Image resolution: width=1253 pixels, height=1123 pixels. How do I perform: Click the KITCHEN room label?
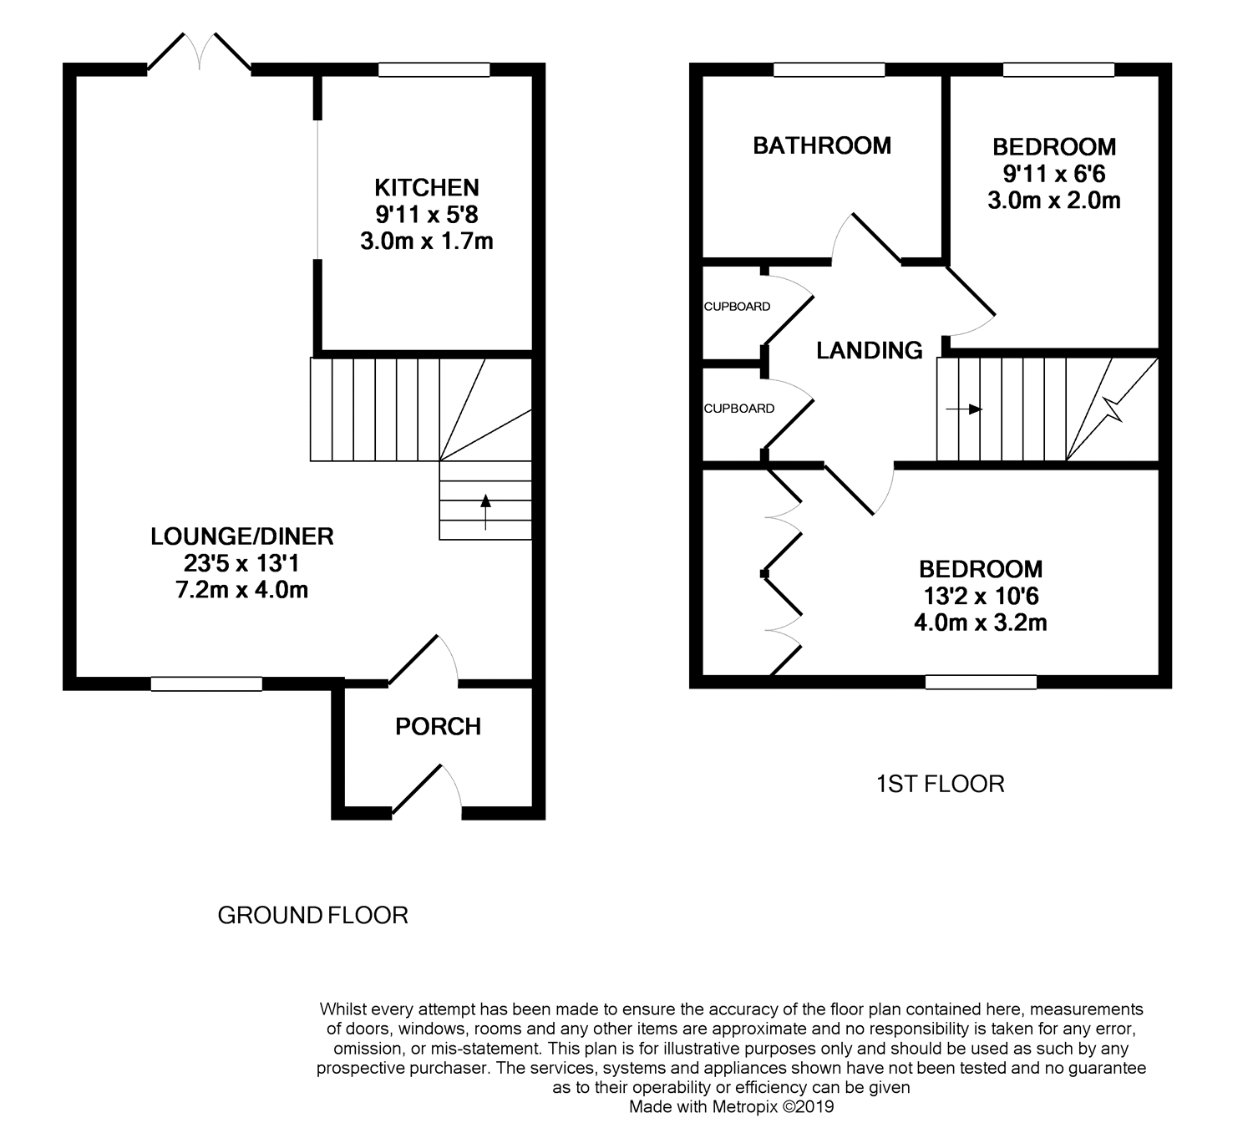click(426, 187)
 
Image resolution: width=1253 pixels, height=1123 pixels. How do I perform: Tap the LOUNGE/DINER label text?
click(241, 536)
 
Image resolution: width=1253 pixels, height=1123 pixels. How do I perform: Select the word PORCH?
click(438, 726)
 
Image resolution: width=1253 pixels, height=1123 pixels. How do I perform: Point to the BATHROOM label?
click(822, 146)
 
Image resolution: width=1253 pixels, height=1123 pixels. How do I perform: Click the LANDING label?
click(870, 351)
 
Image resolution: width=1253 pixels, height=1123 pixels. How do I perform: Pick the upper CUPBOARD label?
click(738, 307)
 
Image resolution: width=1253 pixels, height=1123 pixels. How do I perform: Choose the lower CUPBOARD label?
click(739, 409)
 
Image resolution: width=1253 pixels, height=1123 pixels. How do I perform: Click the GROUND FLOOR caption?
click(313, 915)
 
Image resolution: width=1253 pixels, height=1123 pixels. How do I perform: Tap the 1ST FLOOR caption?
click(940, 784)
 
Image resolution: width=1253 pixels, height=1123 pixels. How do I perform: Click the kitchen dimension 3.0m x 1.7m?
click(427, 241)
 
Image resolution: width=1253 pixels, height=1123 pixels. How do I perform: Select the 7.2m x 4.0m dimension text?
click(241, 590)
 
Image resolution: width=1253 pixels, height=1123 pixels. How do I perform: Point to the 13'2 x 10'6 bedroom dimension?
click(981, 596)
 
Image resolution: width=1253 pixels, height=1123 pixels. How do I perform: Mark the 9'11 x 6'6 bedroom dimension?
click(1054, 174)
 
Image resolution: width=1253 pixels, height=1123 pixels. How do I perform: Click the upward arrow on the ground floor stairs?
click(485, 512)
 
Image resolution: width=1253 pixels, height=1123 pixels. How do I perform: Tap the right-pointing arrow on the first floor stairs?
click(964, 409)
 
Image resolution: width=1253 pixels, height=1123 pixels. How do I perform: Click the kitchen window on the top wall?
click(434, 69)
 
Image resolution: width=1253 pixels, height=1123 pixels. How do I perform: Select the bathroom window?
click(829, 69)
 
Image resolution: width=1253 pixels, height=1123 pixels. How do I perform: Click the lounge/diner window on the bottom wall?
click(206, 683)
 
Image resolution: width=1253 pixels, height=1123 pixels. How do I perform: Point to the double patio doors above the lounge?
click(199, 52)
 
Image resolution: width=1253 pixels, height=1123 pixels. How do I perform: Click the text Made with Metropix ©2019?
click(731, 1106)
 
